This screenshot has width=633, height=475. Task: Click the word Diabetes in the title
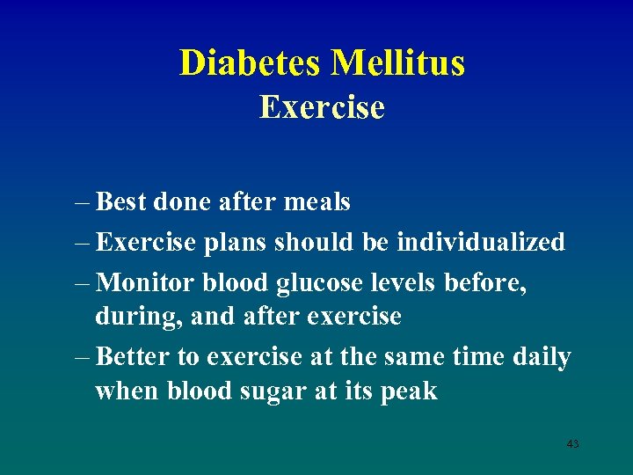(x=251, y=62)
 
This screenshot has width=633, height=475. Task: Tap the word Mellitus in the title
(x=398, y=62)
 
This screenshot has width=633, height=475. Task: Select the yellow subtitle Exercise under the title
(x=322, y=107)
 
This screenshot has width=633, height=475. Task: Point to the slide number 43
(x=573, y=444)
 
